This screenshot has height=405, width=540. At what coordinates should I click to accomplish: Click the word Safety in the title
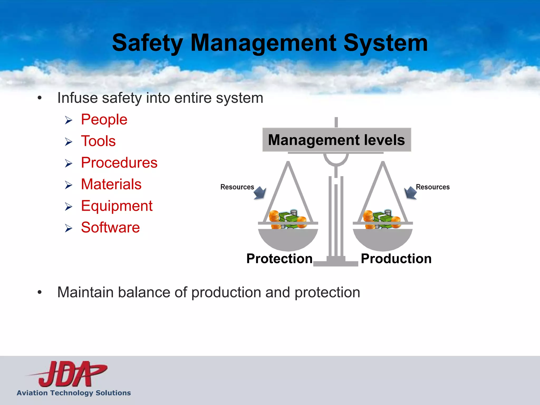(x=147, y=43)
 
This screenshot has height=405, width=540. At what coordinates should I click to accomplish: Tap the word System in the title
(x=385, y=43)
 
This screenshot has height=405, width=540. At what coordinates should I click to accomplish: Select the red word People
(x=104, y=119)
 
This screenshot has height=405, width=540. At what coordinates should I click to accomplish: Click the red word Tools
(x=98, y=141)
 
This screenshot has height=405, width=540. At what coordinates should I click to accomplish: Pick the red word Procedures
(x=119, y=163)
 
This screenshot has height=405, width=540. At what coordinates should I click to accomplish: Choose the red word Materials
(x=111, y=184)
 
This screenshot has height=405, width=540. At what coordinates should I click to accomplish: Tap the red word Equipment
(x=117, y=206)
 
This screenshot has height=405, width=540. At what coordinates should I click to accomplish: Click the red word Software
(x=110, y=228)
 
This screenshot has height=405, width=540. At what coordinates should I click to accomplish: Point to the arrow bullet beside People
(x=69, y=120)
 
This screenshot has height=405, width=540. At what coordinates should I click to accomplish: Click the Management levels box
(x=336, y=140)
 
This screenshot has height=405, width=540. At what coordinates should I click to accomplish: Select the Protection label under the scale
(x=279, y=258)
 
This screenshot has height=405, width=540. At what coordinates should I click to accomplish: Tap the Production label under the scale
(x=396, y=258)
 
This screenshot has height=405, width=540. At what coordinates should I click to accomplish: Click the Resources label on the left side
(x=237, y=187)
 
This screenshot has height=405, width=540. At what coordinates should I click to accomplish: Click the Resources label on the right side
(x=432, y=187)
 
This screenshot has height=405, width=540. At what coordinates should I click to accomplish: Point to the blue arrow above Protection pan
(x=260, y=193)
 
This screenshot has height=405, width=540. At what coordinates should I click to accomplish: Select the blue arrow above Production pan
(x=410, y=193)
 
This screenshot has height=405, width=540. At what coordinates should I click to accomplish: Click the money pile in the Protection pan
(x=288, y=219)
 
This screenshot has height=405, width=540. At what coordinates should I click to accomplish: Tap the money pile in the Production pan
(x=382, y=219)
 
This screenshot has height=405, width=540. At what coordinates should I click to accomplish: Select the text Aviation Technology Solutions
(x=74, y=393)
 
